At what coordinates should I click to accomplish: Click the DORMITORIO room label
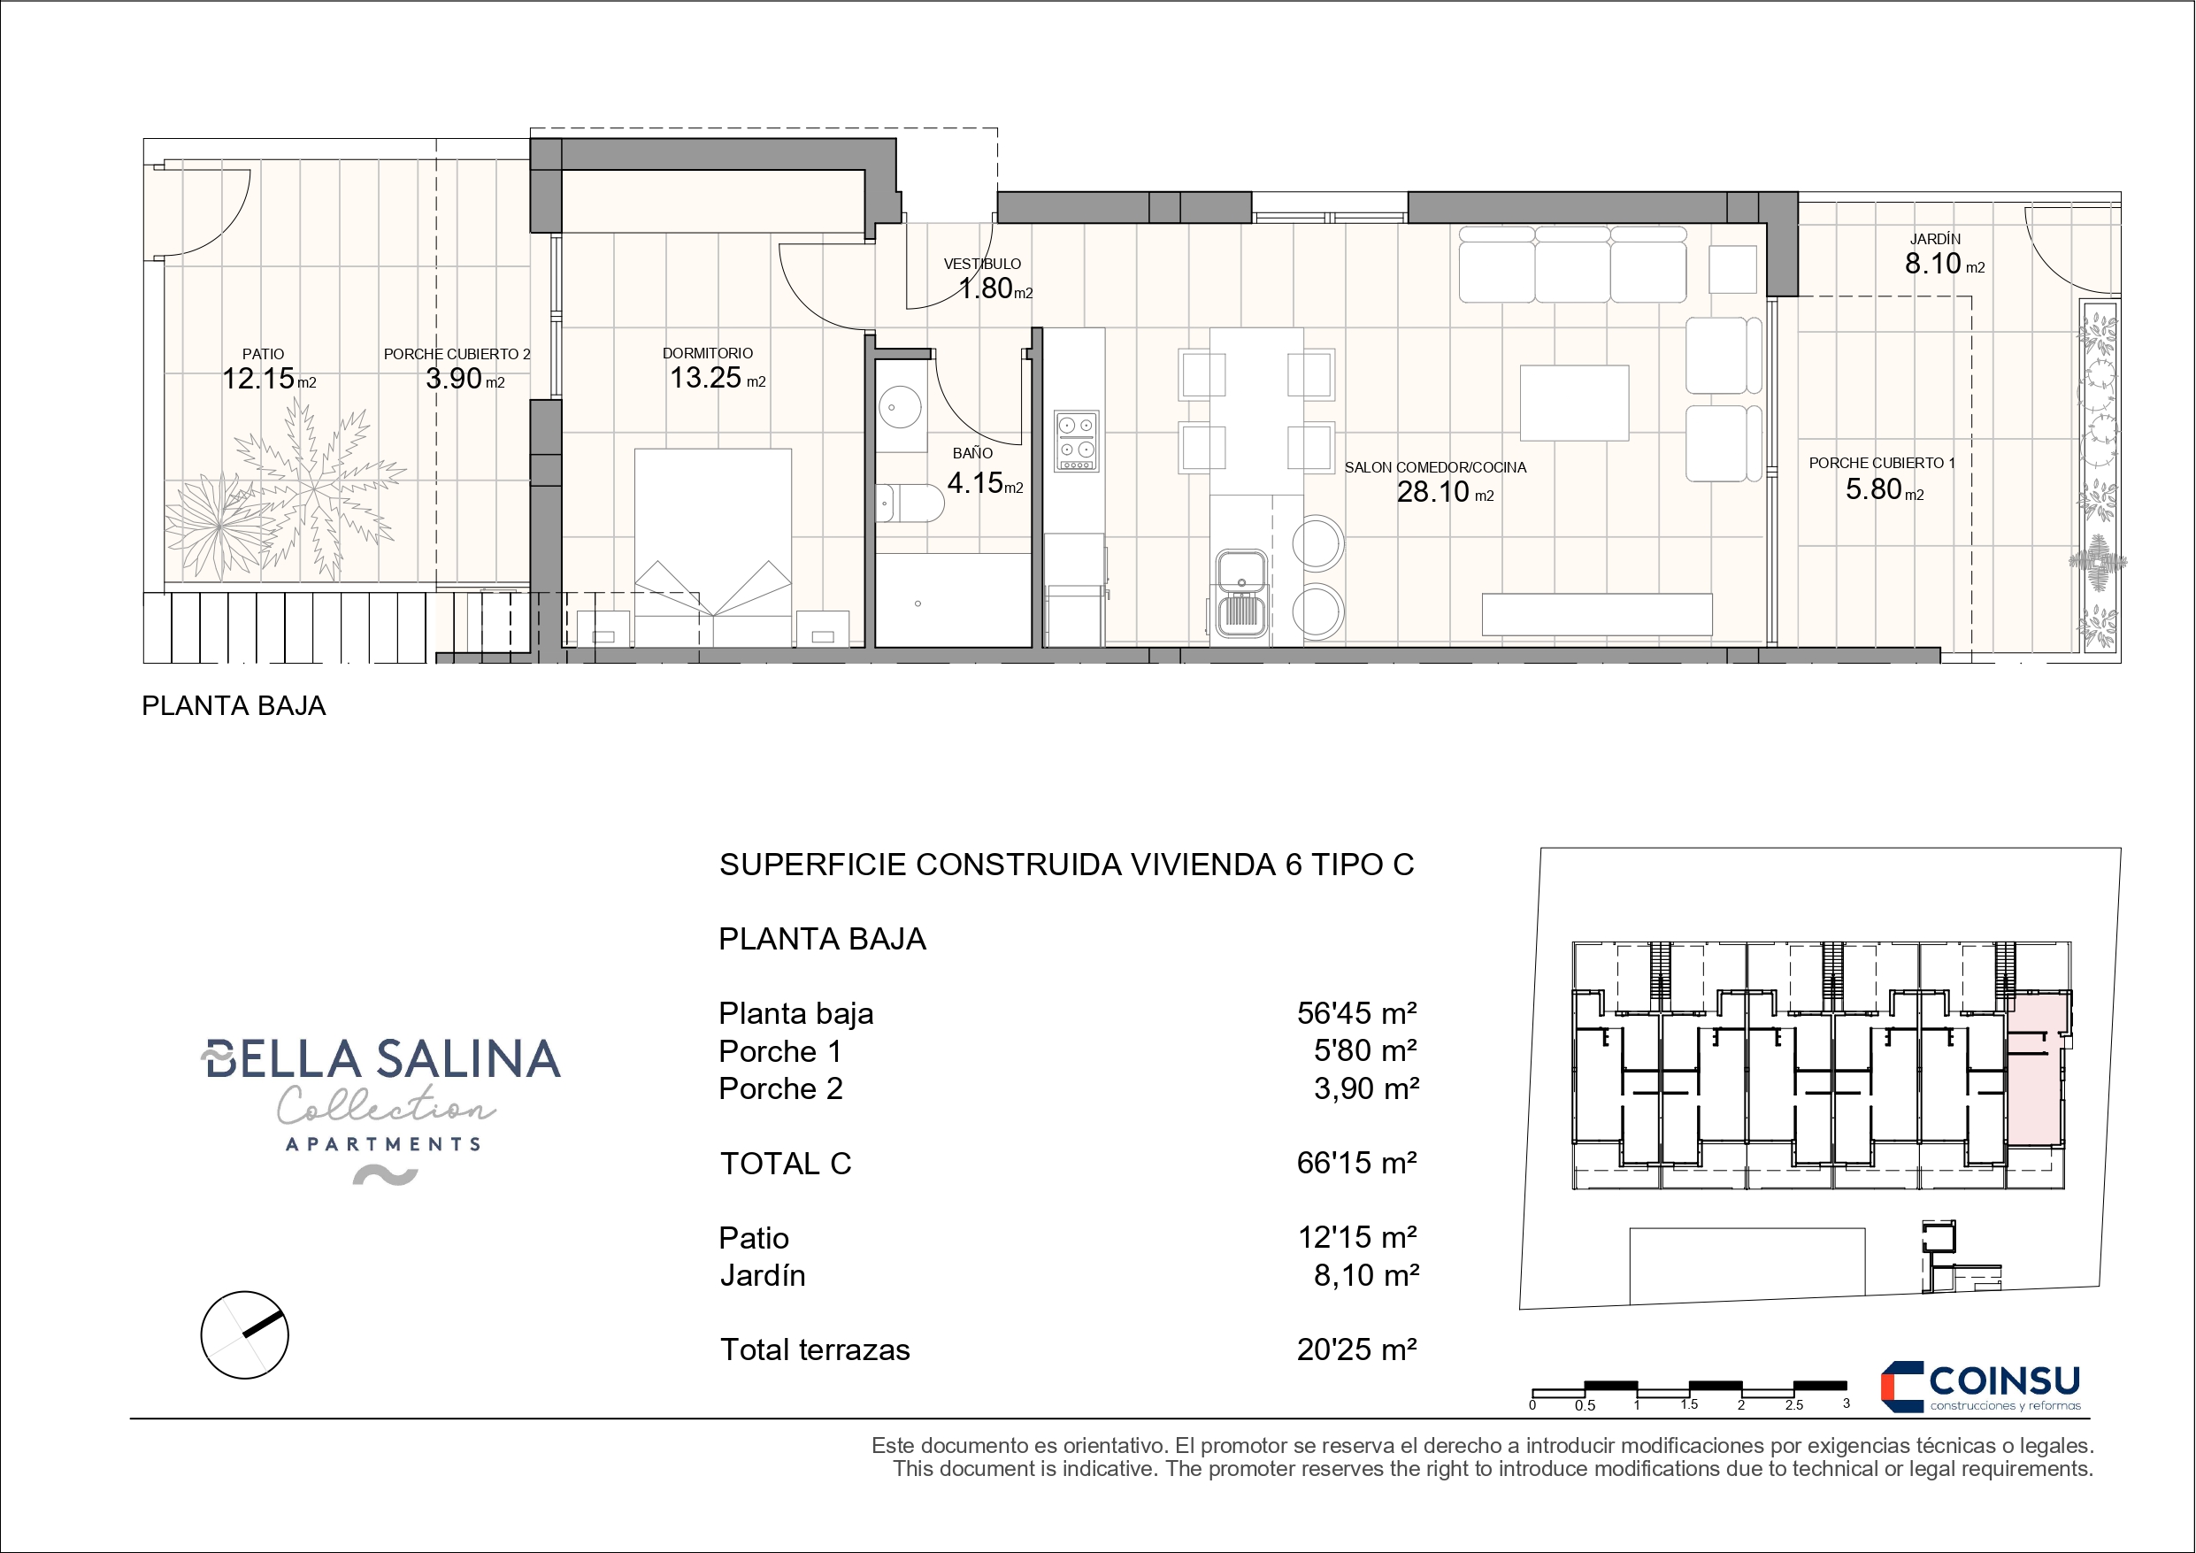(708, 354)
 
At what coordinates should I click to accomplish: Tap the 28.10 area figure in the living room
(1432, 492)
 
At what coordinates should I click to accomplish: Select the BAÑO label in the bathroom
(972, 454)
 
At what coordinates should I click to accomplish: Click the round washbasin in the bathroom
(899, 408)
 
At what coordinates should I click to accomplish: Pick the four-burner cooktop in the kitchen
(1076, 441)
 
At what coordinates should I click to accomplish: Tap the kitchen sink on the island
(1241, 593)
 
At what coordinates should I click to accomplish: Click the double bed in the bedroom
(712, 549)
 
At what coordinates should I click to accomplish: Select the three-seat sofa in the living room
(1572, 264)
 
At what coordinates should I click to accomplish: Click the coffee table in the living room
(1574, 403)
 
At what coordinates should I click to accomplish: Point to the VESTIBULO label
(982, 264)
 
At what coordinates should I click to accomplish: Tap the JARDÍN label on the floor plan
(1936, 239)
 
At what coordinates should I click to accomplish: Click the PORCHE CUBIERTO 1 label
(1882, 463)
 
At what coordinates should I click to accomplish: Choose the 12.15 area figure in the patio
(258, 379)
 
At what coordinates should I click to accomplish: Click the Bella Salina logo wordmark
(380, 1059)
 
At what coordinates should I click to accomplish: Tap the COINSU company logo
(1981, 1387)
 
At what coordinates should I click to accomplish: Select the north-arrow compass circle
(245, 1334)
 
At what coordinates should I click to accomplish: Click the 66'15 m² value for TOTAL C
(1356, 1163)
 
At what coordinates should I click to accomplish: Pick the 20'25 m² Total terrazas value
(1356, 1349)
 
